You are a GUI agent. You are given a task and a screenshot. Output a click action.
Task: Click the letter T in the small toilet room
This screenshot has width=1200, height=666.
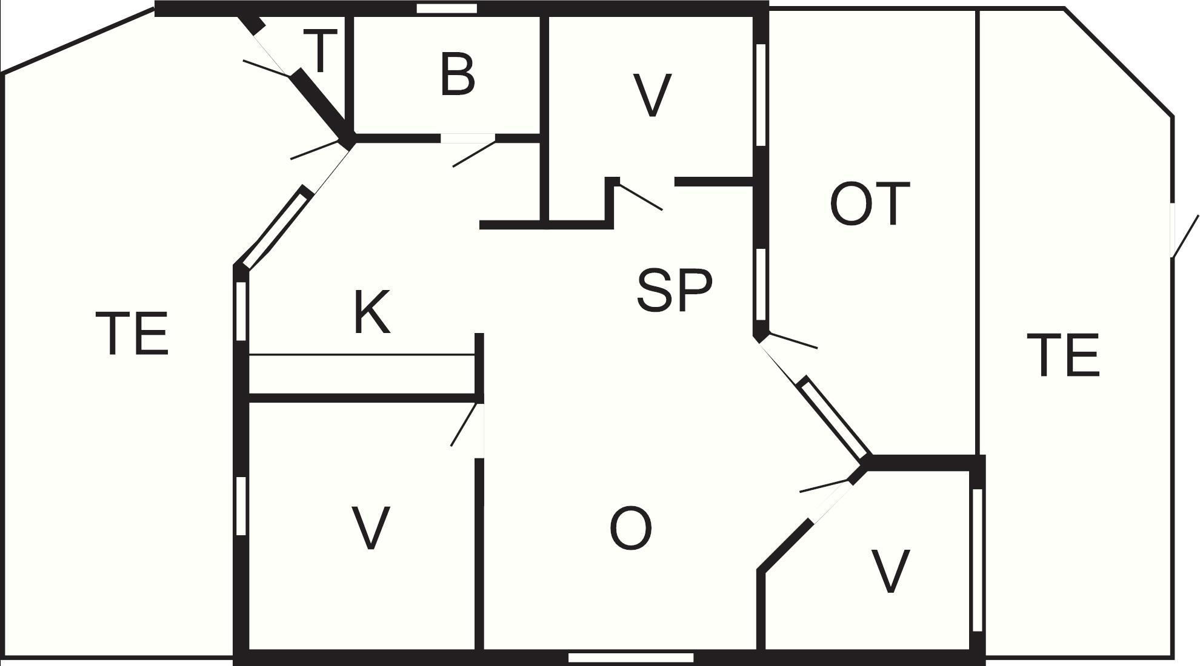point(321,51)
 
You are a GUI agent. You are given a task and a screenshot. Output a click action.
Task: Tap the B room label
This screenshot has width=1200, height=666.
point(458,75)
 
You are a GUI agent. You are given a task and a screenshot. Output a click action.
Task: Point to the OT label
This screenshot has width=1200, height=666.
point(869,203)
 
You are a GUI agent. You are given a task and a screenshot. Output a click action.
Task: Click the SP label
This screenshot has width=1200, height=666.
point(674,291)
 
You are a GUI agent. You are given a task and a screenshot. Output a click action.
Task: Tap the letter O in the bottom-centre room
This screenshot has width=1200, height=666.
point(630,529)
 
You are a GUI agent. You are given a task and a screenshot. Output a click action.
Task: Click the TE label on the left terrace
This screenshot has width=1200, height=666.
point(132,333)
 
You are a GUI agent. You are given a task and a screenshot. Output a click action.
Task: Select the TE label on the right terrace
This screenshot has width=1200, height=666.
point(1063,355)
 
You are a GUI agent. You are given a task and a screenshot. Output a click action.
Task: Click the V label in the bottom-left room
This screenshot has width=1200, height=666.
point(370,528)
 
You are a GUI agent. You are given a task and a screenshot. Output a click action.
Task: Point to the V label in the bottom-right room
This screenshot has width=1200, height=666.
point(890,571)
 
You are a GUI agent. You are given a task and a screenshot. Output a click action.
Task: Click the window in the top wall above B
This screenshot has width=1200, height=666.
point(447,8)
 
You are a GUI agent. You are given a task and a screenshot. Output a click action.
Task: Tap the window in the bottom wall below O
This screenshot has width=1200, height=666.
point(630,658)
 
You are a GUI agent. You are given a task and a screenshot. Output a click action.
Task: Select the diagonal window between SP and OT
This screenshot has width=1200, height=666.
point(835,417)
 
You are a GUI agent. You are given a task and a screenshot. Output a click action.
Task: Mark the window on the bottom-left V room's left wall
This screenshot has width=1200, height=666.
point(241,506)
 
